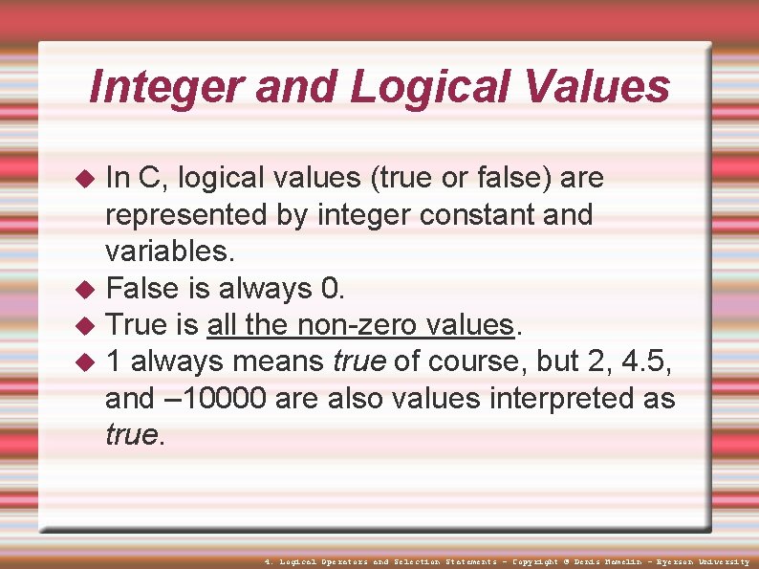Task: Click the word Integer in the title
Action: [163, 88]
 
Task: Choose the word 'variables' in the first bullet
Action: [167, 252]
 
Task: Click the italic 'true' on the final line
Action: [131, 435]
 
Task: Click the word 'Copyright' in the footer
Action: [535, 561]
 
